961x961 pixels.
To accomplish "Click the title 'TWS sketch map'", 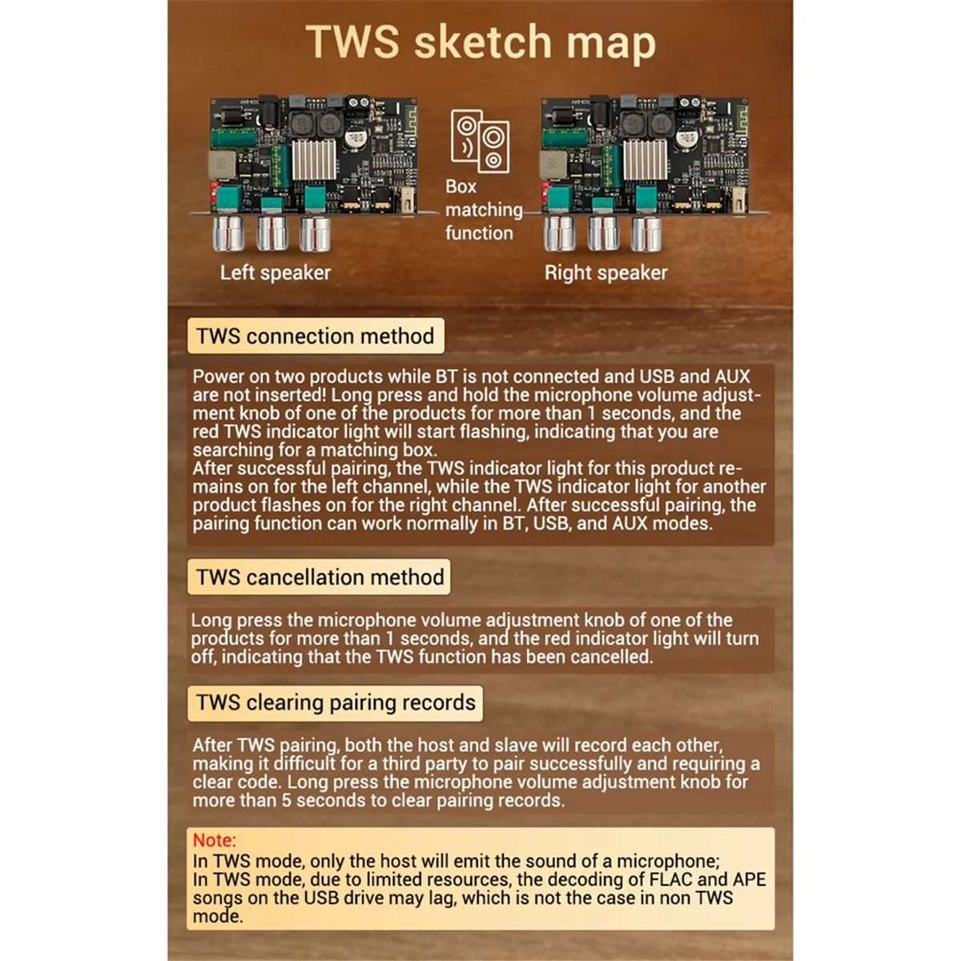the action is (x=480, y=43).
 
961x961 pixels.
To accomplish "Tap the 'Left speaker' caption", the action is (x=275, y=273).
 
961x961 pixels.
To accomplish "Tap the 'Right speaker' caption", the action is (x=606, y=273).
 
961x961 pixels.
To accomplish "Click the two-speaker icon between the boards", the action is (x=480, y=141).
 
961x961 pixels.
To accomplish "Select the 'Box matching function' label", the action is (x=484, y=210).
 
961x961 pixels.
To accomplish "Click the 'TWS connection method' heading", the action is (x=316, y=336).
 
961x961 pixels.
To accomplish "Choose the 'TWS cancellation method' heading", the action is (x=320, y=577).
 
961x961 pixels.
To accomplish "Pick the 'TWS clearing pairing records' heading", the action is (x=336, y=702).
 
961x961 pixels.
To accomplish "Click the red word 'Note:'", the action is (x=215, y=840).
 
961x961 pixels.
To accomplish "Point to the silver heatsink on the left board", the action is (x=314, y=159).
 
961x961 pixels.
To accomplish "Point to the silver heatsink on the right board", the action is (x=645, y=159).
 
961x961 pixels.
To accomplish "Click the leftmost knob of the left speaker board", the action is (x=228, y=233).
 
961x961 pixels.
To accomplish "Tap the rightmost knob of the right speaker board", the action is (x=646, y=233).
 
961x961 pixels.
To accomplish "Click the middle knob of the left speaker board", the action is (x=271, y=233).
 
